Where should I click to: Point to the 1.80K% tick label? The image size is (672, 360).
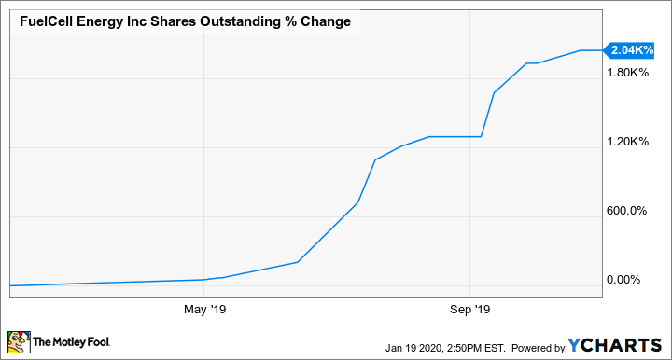point(627,73)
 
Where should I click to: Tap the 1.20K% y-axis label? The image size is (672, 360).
point(627,142)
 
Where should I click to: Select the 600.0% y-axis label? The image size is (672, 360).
point(627,211)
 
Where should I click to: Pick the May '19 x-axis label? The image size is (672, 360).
point(204,309)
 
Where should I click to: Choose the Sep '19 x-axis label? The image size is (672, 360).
point(469,309)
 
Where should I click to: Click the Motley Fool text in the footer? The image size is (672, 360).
point(71,343)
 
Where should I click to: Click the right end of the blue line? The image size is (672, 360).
point(602,50)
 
